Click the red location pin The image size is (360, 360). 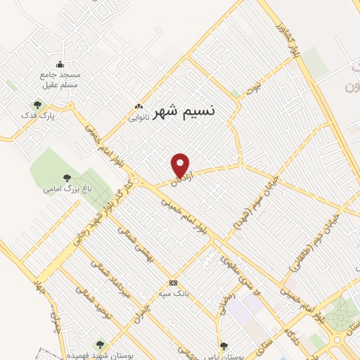[x=181, y=165]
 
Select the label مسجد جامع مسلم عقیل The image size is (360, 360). [x=60, y=79]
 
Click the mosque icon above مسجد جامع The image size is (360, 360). [x=60, y=64]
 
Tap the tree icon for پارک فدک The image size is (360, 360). [x=37, y=105]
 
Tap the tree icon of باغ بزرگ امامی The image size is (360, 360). [x=67, y=178]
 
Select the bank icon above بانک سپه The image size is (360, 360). [x=173, y=283]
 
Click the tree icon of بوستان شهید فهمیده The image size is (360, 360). [x=99, y=345]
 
